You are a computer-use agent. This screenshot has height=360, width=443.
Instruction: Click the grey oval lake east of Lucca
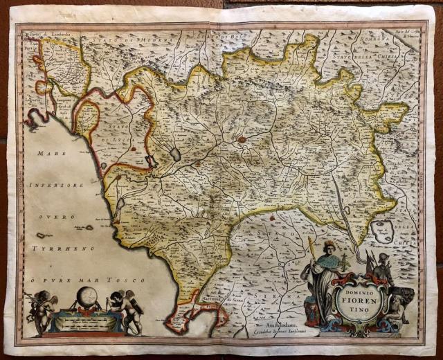tap(176, 153)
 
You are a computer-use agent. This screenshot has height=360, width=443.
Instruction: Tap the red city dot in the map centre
tap(241, 139)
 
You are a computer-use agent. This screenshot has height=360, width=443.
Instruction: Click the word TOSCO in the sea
tap(128, 280)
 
